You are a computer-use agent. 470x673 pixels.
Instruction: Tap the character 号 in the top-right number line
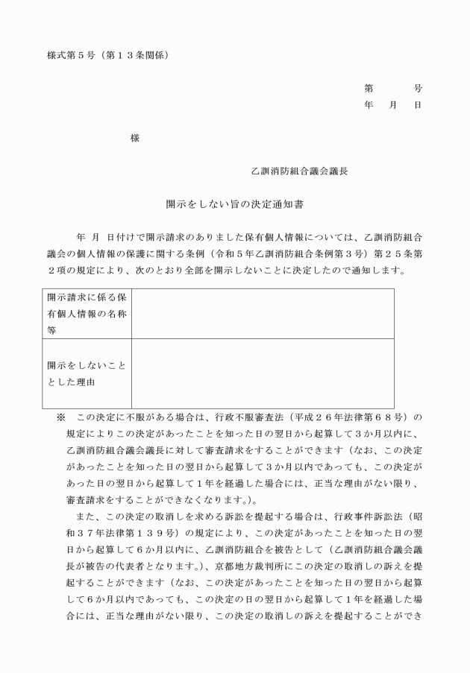416,87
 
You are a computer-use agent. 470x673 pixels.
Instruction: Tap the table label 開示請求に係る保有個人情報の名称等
87,313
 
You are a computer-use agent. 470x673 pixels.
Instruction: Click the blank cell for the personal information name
263,313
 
